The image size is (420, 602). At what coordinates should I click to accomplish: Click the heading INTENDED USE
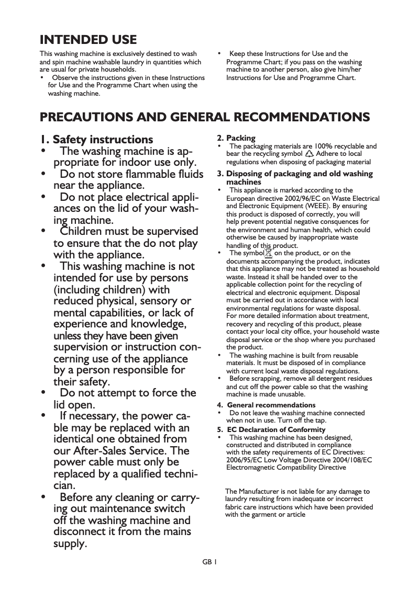[x=89, y=40]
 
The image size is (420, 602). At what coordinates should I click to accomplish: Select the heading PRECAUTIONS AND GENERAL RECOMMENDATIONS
[x=205, y=117]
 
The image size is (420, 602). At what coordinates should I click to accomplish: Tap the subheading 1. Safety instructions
[x=97, y=140]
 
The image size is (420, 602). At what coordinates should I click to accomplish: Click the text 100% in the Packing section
[x=316, y=146]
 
